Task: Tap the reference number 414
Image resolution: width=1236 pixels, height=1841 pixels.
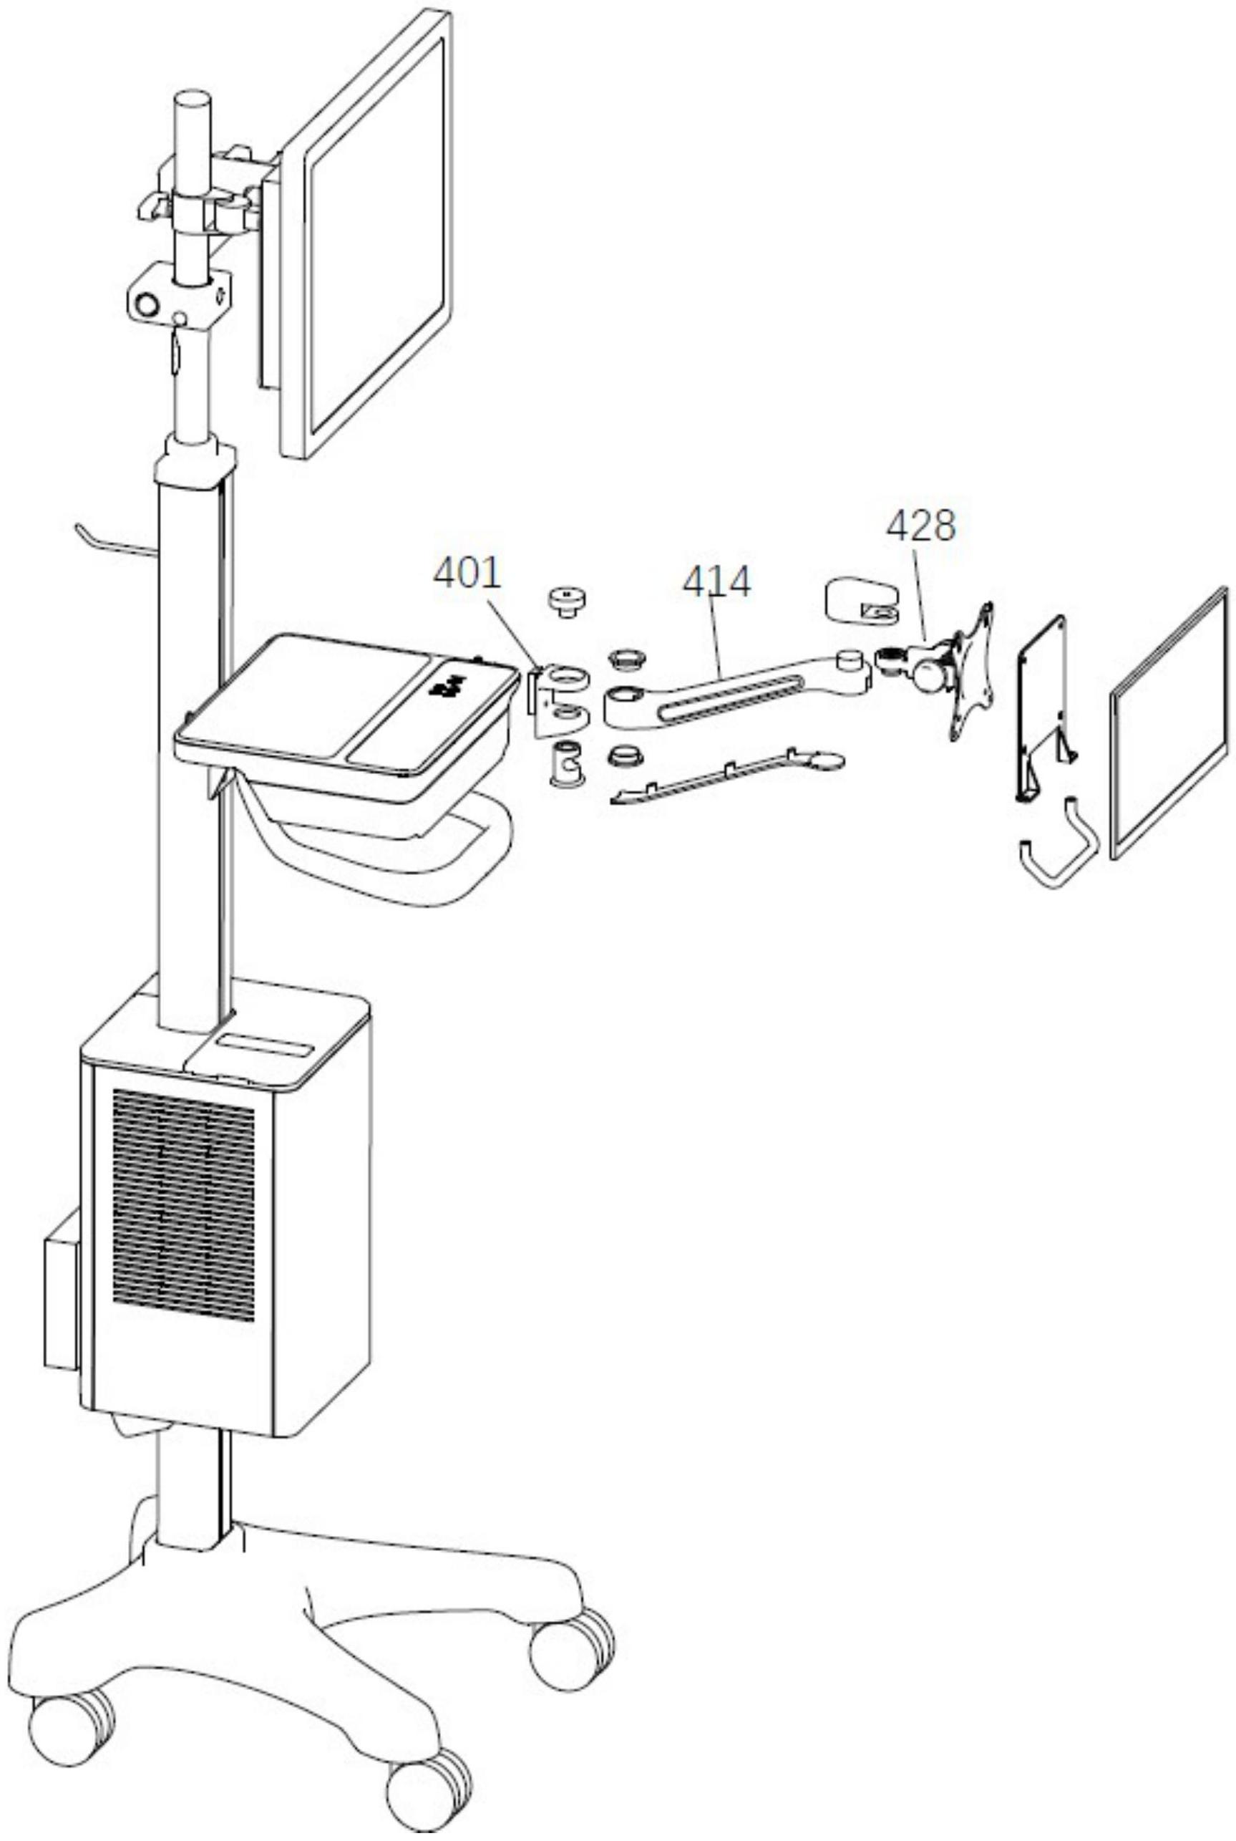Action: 716,583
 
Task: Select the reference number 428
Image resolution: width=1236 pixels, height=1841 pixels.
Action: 920,525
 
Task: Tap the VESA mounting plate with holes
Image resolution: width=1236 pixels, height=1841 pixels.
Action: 970,674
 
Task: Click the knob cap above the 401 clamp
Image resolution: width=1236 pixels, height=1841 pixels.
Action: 566,601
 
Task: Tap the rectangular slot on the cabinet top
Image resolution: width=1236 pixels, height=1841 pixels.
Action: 265,1048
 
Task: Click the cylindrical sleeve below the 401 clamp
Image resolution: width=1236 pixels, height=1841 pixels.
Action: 565,763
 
